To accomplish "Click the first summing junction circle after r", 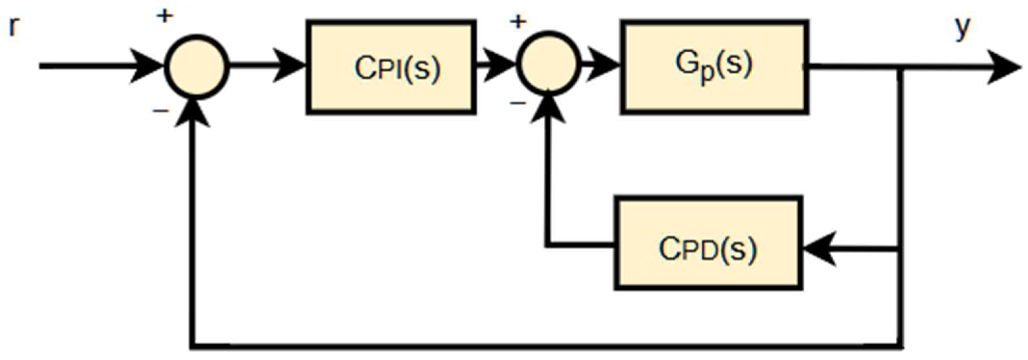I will pos(197,67).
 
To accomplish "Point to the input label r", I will pos(13,27).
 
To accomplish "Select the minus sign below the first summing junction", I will pos(161,111).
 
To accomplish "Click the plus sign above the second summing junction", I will pos(518,22).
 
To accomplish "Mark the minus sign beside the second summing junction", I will pos(518,103).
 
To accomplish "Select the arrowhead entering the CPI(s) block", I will pos(289,66).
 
